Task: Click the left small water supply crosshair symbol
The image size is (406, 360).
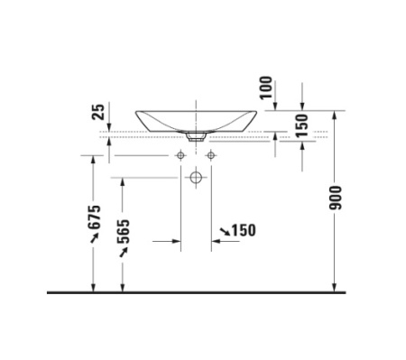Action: (181, 155)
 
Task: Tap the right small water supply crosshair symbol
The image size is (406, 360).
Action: (210, 155)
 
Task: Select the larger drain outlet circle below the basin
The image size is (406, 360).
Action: (196, 178)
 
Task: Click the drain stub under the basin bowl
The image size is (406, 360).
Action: (196, 138)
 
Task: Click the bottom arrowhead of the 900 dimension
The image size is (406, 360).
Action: (337, 288)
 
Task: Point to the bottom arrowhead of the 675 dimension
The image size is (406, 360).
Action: (94, 288)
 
